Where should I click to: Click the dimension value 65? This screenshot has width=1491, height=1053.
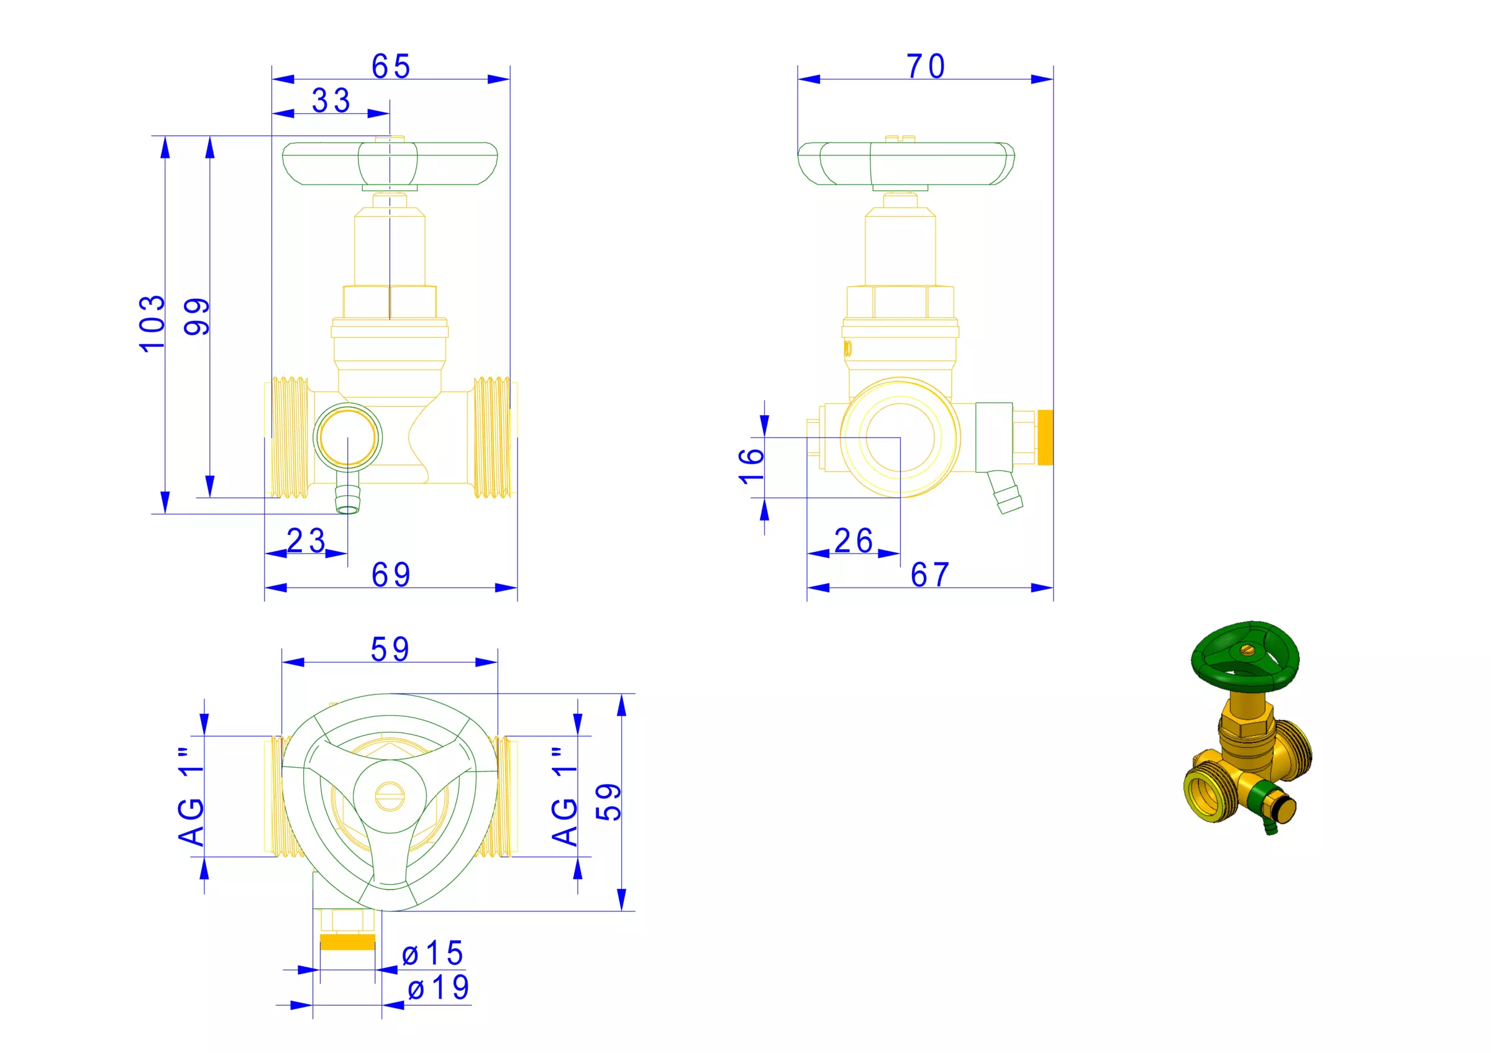click(391, 66)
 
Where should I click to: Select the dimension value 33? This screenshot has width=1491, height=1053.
click(331, 101)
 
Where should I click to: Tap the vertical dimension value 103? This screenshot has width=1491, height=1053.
click(153, 323)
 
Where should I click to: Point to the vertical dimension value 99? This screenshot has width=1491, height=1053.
click(197, 317)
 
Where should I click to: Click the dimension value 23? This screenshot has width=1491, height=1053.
click(306, 540)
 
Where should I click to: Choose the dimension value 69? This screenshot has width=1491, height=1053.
click(391, 575)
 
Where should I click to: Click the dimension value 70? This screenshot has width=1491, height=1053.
click(926, 66)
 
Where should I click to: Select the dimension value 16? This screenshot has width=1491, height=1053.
click(751, 466)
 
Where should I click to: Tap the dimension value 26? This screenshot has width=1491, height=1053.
click(854, 540)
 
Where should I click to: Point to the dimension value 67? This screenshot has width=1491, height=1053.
click(930, 575)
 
